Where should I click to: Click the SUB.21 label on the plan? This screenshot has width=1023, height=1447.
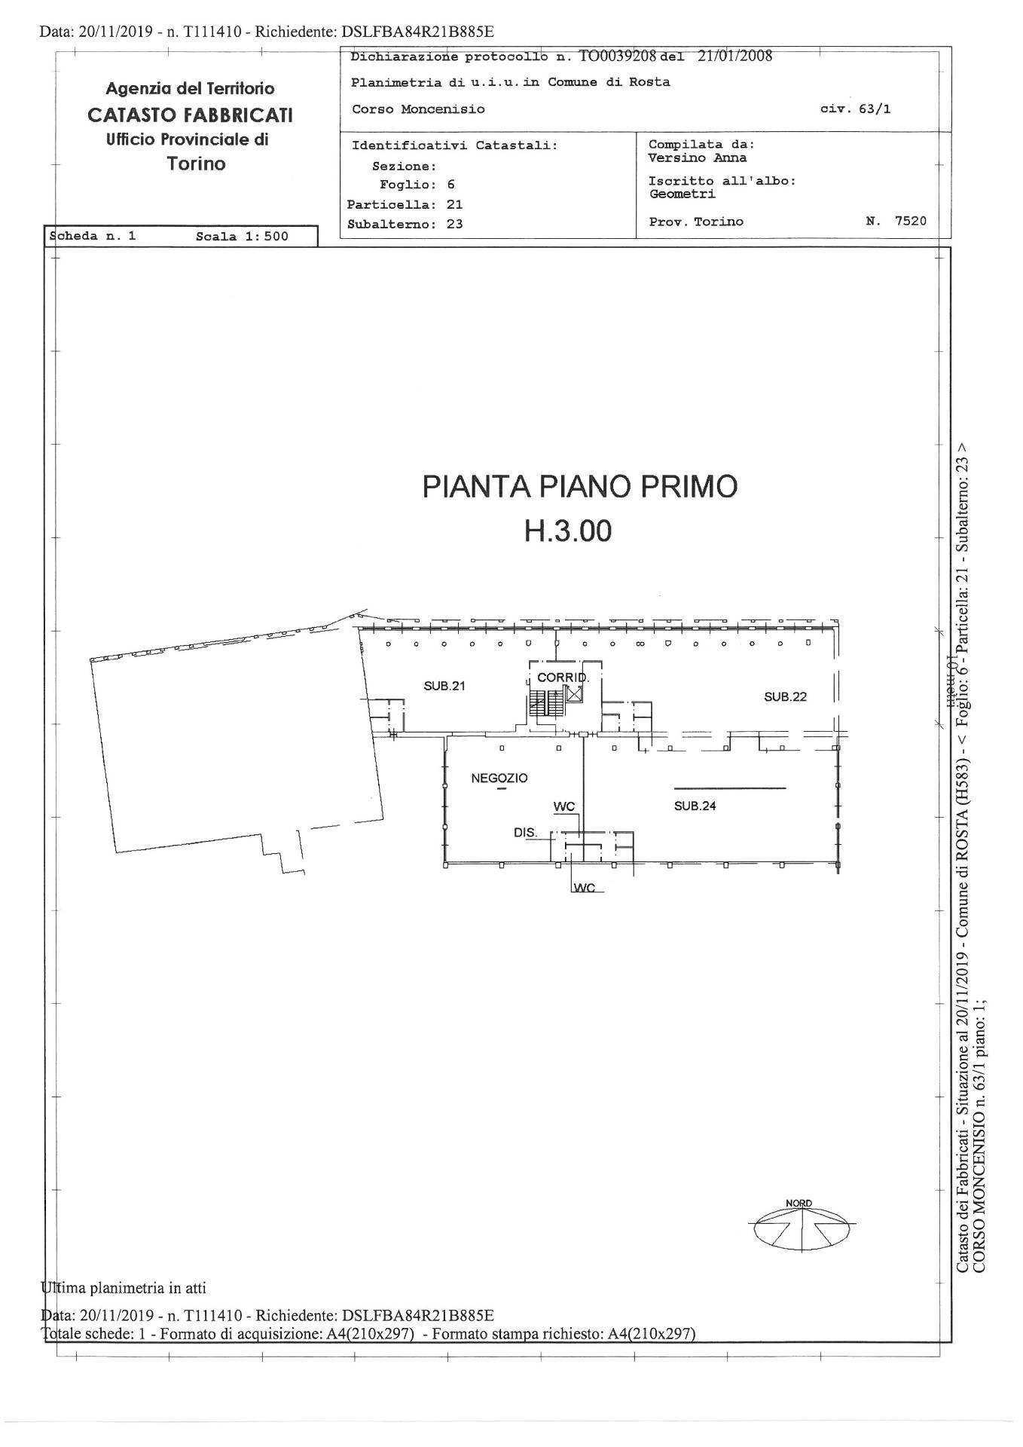coord(444,686)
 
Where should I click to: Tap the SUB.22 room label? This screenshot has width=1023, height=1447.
coord(785,696)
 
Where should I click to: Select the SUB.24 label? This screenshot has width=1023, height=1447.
coord(695,806)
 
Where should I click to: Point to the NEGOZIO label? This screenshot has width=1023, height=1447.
coord(499,778)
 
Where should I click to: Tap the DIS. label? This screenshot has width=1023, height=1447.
coord(525,833)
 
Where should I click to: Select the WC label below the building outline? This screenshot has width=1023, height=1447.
coord(584,888)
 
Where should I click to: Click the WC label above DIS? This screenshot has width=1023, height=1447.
coord(564,806)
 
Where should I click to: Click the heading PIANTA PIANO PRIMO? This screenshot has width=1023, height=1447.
coord(579,487)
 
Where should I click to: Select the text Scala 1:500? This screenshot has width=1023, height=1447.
coord(242,236)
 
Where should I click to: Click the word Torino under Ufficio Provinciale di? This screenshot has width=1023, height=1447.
coord(197,164)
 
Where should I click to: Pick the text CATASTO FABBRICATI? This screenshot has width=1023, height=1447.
coord(190,115)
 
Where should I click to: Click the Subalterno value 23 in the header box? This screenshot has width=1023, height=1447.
coord(454,224)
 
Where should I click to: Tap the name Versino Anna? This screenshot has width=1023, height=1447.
coord(697,158)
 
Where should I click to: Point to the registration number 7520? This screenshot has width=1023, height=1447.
coord(910,221)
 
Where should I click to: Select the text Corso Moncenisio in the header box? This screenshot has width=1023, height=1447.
coord(418,109)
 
